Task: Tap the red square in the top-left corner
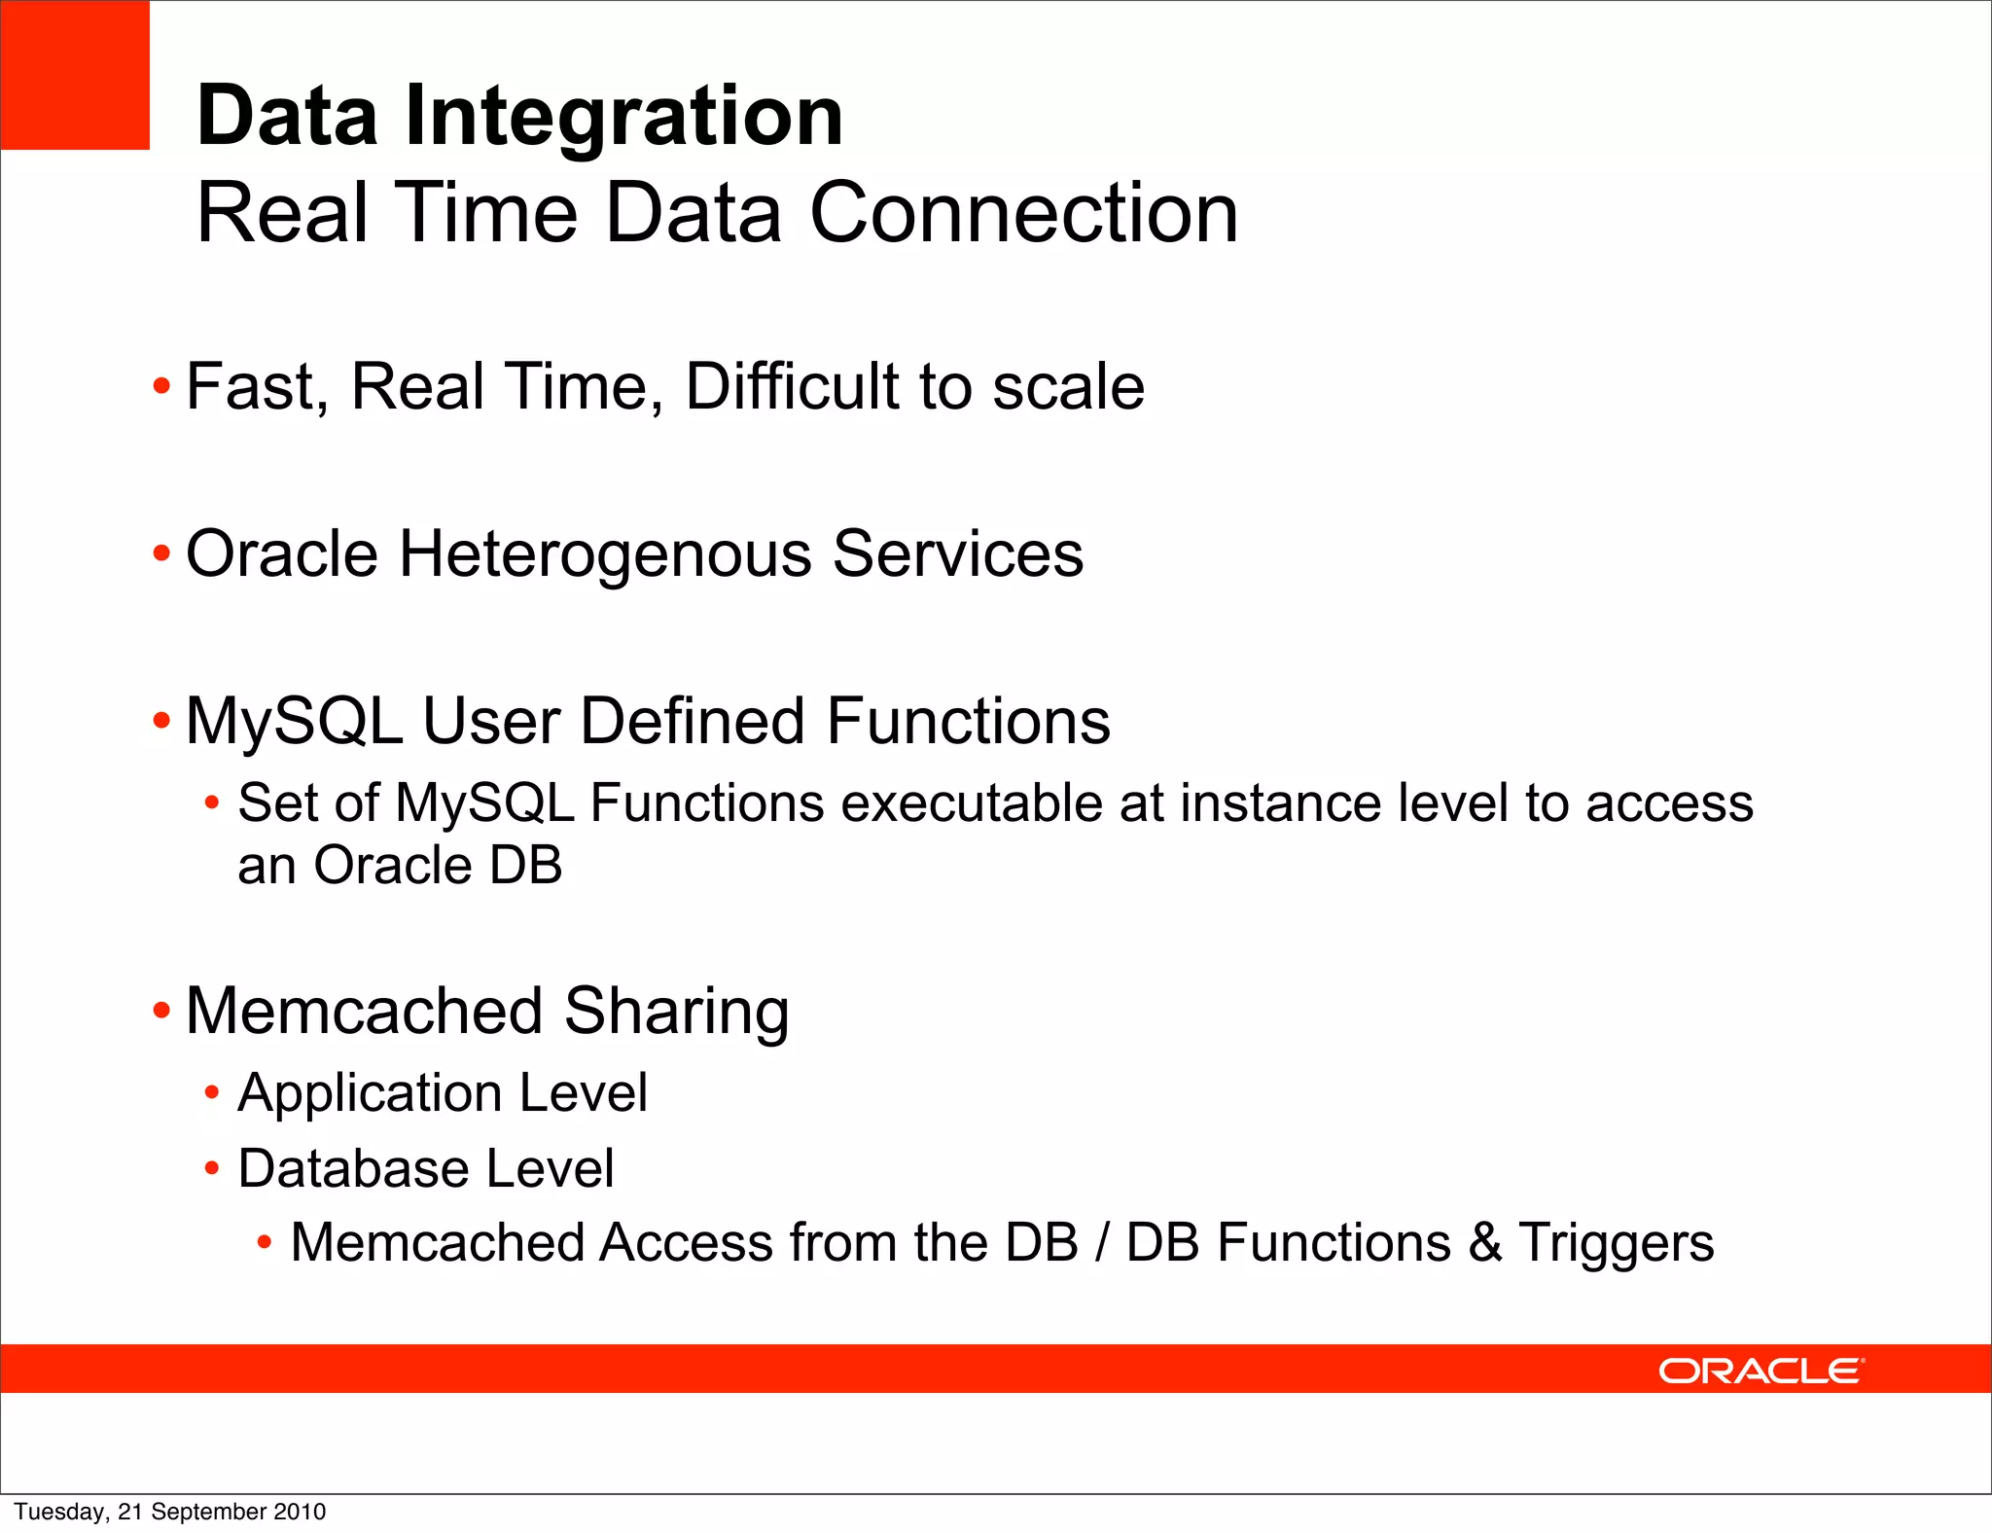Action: [x=75, y=75]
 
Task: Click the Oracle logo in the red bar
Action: [x=1761, y=1371]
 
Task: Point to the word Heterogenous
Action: [x=605, y=553]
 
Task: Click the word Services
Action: [x=957, y=553]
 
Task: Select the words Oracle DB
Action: [x=438, y=865]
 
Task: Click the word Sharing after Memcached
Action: [x=676, y=1011]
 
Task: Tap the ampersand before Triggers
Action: [x=1485, y=1243]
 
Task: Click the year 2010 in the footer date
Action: [x=300, y=1512]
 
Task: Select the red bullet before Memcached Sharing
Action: [x=161, y=1012]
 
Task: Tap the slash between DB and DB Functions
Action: [x=1102, y=1243]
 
